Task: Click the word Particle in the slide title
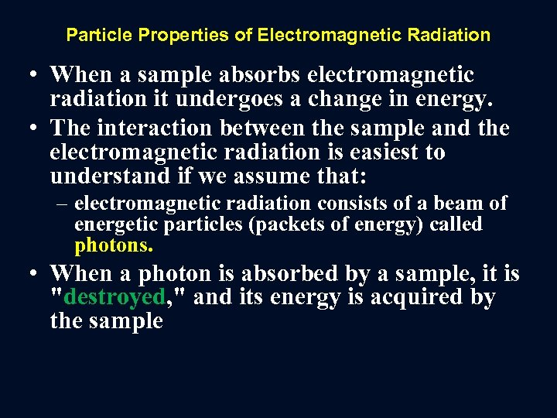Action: tap(93, 35)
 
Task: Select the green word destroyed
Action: tap(117, 297)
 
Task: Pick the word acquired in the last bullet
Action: tap(413, 297)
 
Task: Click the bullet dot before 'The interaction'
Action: tap(32, 128)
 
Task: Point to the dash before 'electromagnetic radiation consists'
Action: tap(63, 204)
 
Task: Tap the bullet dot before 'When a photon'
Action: tap(32, 274)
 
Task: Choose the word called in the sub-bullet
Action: tap(456, 225)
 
